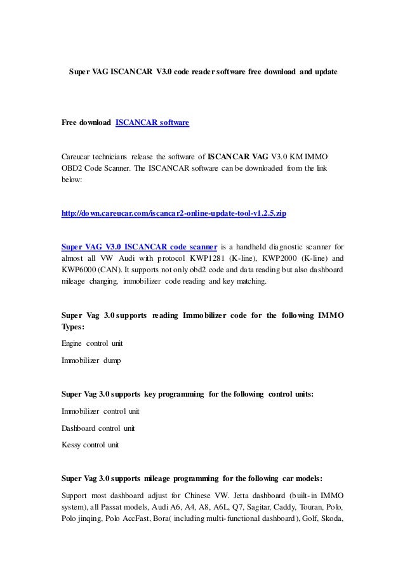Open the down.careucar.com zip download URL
173,214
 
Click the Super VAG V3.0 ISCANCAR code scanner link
139,247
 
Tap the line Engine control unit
92,343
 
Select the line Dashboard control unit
98,428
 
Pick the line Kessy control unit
90,445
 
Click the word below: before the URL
72,180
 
